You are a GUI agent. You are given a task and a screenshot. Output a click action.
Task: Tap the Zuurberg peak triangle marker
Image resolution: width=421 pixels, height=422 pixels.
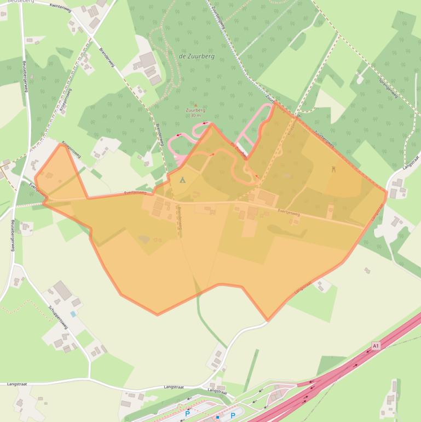point(195,105)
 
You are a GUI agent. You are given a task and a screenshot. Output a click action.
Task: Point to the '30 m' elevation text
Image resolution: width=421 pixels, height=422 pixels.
point(195,116)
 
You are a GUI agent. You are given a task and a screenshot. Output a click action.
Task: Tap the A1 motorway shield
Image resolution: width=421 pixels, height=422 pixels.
point(376,346)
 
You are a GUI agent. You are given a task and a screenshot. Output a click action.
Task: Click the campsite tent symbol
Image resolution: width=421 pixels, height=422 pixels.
point(183,180)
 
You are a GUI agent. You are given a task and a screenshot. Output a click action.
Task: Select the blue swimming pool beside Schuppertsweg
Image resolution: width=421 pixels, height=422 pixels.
point(73,314)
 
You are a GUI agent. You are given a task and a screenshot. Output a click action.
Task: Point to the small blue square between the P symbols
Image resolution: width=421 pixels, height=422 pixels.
point(217,418)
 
